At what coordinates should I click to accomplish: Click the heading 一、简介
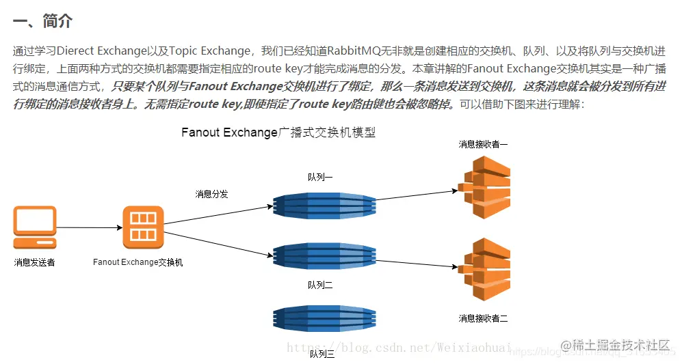pyautogui.click(x=42, y=21)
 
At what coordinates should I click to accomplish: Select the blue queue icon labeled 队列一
pyautogui.click(x=324, y=204)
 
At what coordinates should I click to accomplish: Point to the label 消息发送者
pyautogui.click(x=34, y=262)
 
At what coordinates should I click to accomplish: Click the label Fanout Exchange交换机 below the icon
pyautogui.click(x=138, y=262)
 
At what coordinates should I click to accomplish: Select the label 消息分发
pyautogui.click(x=211, y=194)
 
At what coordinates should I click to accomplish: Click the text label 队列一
pyautogui.click(x=320, y=177)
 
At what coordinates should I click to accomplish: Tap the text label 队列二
pyautogui.click(x=320, y=285)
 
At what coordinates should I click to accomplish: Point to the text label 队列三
pyautogui.click(x=322, y=354)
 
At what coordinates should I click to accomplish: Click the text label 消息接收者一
pyautogui.click(x=483, y=144)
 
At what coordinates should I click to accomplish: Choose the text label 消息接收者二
pyautogui.click(x=483, y=318)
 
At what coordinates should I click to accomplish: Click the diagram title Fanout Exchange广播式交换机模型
pyautogui.click(x=278, y=132)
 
